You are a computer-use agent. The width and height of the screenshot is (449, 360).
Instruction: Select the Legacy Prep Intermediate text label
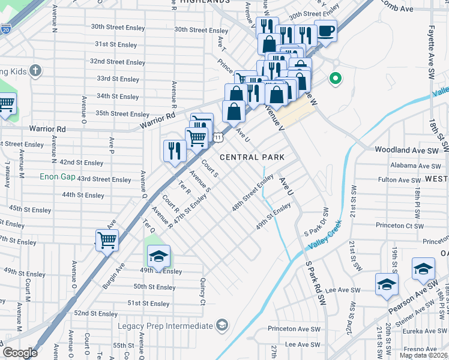coord(173,326)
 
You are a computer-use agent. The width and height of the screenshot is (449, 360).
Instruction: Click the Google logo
coord(20,353)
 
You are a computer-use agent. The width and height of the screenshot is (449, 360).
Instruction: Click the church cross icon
coord(35,71)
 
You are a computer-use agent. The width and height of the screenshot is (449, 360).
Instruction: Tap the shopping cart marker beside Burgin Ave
coord(107,240)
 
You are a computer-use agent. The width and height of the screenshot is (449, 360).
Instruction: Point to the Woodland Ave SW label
coord(408,150)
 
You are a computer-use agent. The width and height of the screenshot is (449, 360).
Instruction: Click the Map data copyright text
coord(423,355)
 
